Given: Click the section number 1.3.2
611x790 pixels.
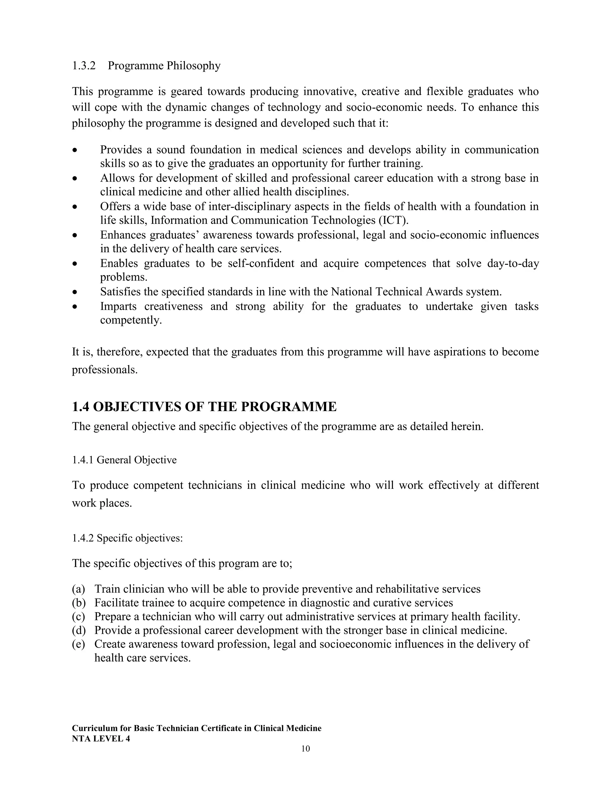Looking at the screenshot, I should click(x=84, y=66).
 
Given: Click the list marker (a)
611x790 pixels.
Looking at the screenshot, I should click(x=78, y=589).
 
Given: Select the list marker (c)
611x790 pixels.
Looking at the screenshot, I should click(x=78, y=616).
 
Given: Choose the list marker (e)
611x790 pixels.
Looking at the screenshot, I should click(x=78, y=644).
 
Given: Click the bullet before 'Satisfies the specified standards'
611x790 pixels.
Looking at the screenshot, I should click(x=75, y=292).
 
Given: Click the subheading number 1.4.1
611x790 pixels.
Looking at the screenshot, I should click(x=83, y=460).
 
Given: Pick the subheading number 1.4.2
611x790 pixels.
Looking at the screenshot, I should click(x=83, y=538).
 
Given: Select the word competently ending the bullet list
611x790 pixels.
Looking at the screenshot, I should click(x=131, y=320).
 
